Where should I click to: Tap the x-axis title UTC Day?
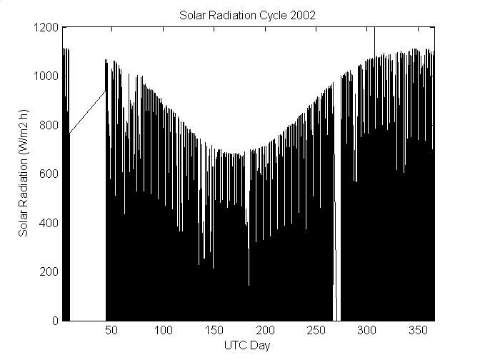click(248, 346)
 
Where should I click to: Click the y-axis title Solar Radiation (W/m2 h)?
click(24, 174)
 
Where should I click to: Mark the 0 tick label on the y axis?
click(56, 321)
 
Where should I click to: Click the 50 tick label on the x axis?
click(113, 331)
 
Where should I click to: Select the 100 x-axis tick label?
click(164, 331)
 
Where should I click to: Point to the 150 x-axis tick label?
click(214, 331)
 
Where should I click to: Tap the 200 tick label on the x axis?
click(265, 331)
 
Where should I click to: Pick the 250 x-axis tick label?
click(316, 331)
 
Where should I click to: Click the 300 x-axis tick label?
click(366, 331)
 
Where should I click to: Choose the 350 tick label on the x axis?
click(417, 331)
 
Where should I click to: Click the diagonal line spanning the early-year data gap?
click(87, 112)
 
